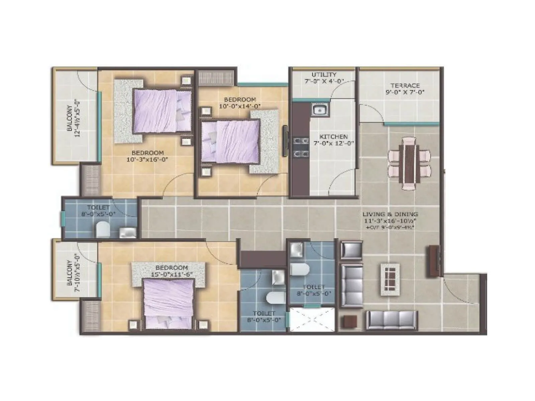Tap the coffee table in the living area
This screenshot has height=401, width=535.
pos(390,280)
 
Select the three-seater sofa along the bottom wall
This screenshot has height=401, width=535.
pos(392,320)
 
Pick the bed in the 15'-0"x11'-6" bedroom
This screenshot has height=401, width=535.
pos(169,304)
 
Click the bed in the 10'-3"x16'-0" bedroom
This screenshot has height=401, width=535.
pos(162,111)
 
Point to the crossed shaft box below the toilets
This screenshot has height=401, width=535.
pos(311,319)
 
